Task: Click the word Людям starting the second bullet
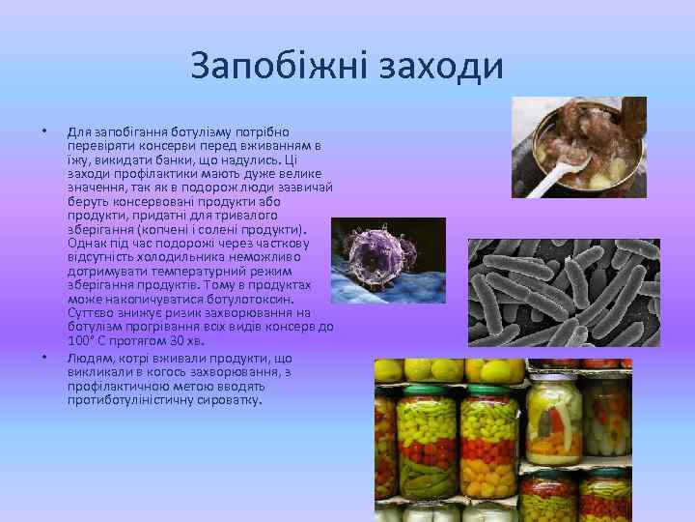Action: (x=88, y=360)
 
